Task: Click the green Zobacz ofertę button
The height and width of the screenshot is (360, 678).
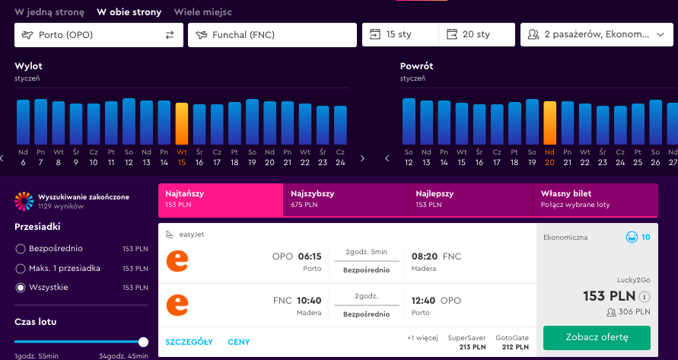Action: pos(597,337)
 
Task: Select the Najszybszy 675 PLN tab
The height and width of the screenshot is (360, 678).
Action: pos(345,199)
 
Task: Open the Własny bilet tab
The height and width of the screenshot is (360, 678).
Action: pos(595,199)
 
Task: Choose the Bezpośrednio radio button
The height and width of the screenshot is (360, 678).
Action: pos(21,249)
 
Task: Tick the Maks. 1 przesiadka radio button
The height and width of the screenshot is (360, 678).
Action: pos(21,269)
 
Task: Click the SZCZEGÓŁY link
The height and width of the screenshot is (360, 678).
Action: pos(189,342)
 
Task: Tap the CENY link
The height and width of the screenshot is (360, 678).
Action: pos(239,342)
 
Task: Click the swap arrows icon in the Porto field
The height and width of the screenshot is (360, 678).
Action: pos(170,35)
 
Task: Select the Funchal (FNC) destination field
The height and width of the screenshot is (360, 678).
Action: pos(272,35)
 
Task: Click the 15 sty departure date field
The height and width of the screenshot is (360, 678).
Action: pos(400,34)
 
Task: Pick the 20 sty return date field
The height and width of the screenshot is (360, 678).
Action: pos(477,34)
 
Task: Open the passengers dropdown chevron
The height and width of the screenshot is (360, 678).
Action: pos(660,34)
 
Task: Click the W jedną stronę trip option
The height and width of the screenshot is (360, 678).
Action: pos(49,12)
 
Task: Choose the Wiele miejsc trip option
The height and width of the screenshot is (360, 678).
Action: pos(203,12)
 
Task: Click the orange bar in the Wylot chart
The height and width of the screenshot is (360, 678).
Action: pos(182,124)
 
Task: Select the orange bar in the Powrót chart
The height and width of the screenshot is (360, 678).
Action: pos(549,123)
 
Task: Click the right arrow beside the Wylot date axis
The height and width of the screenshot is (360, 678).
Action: pos(362,158)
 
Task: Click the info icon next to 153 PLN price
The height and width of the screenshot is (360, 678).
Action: pos(645,297)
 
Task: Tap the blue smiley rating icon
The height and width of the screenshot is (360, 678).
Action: pos(632,237)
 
